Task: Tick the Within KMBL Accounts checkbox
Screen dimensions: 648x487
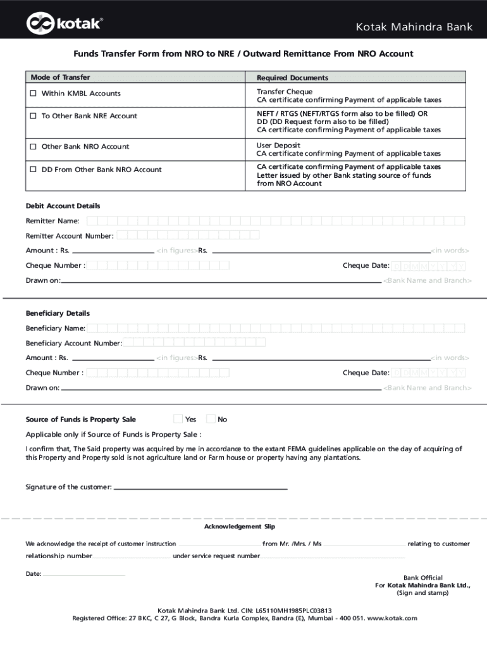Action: tap(34, 94)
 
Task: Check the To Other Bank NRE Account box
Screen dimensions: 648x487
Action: tap(34, 116)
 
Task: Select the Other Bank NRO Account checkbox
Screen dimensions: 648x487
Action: tap(34, 147)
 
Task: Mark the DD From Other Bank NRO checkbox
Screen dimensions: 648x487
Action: tap(34, 170)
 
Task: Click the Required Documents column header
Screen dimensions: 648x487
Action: tap(292, 78)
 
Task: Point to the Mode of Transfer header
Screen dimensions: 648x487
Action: tap(60, 77)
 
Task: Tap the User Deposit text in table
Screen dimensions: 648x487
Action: tap(278, 146)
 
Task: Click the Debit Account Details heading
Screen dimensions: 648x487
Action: tap(63, 206)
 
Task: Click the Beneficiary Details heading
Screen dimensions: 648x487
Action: tap(58, 314)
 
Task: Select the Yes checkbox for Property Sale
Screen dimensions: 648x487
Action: tap(178, 419)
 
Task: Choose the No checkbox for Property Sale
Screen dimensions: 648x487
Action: tap(211, 419)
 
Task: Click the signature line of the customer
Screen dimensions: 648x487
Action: tap(200, 488)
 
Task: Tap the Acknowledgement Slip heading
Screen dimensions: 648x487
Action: tap(239, 527)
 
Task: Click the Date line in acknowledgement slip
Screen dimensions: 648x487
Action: tap(84, 575)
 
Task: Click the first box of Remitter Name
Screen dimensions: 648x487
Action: tap(92, 221)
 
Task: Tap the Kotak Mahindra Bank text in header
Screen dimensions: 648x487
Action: tap(414, 27)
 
